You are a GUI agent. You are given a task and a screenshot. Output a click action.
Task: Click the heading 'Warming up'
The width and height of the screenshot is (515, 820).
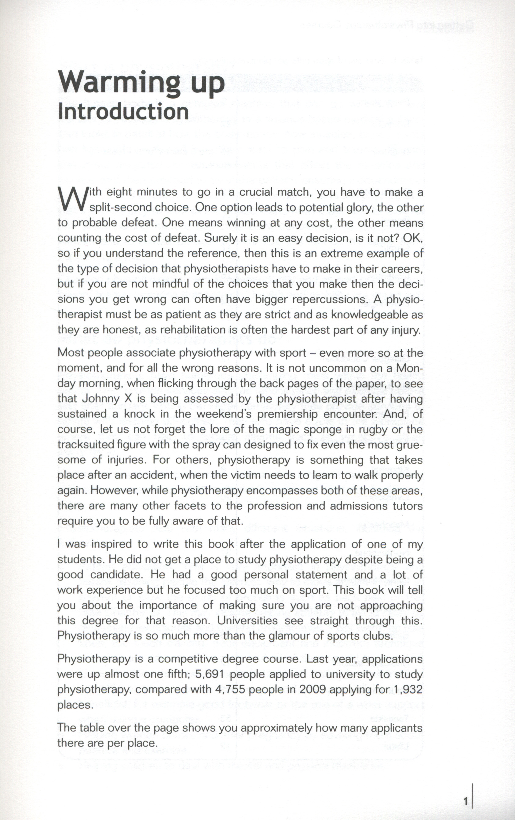(x=141, y=83)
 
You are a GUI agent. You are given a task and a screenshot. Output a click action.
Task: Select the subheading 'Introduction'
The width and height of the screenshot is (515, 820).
(x=123, y=111)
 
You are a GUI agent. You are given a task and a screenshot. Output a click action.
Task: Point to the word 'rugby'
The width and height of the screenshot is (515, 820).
(x=371, y=430)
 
